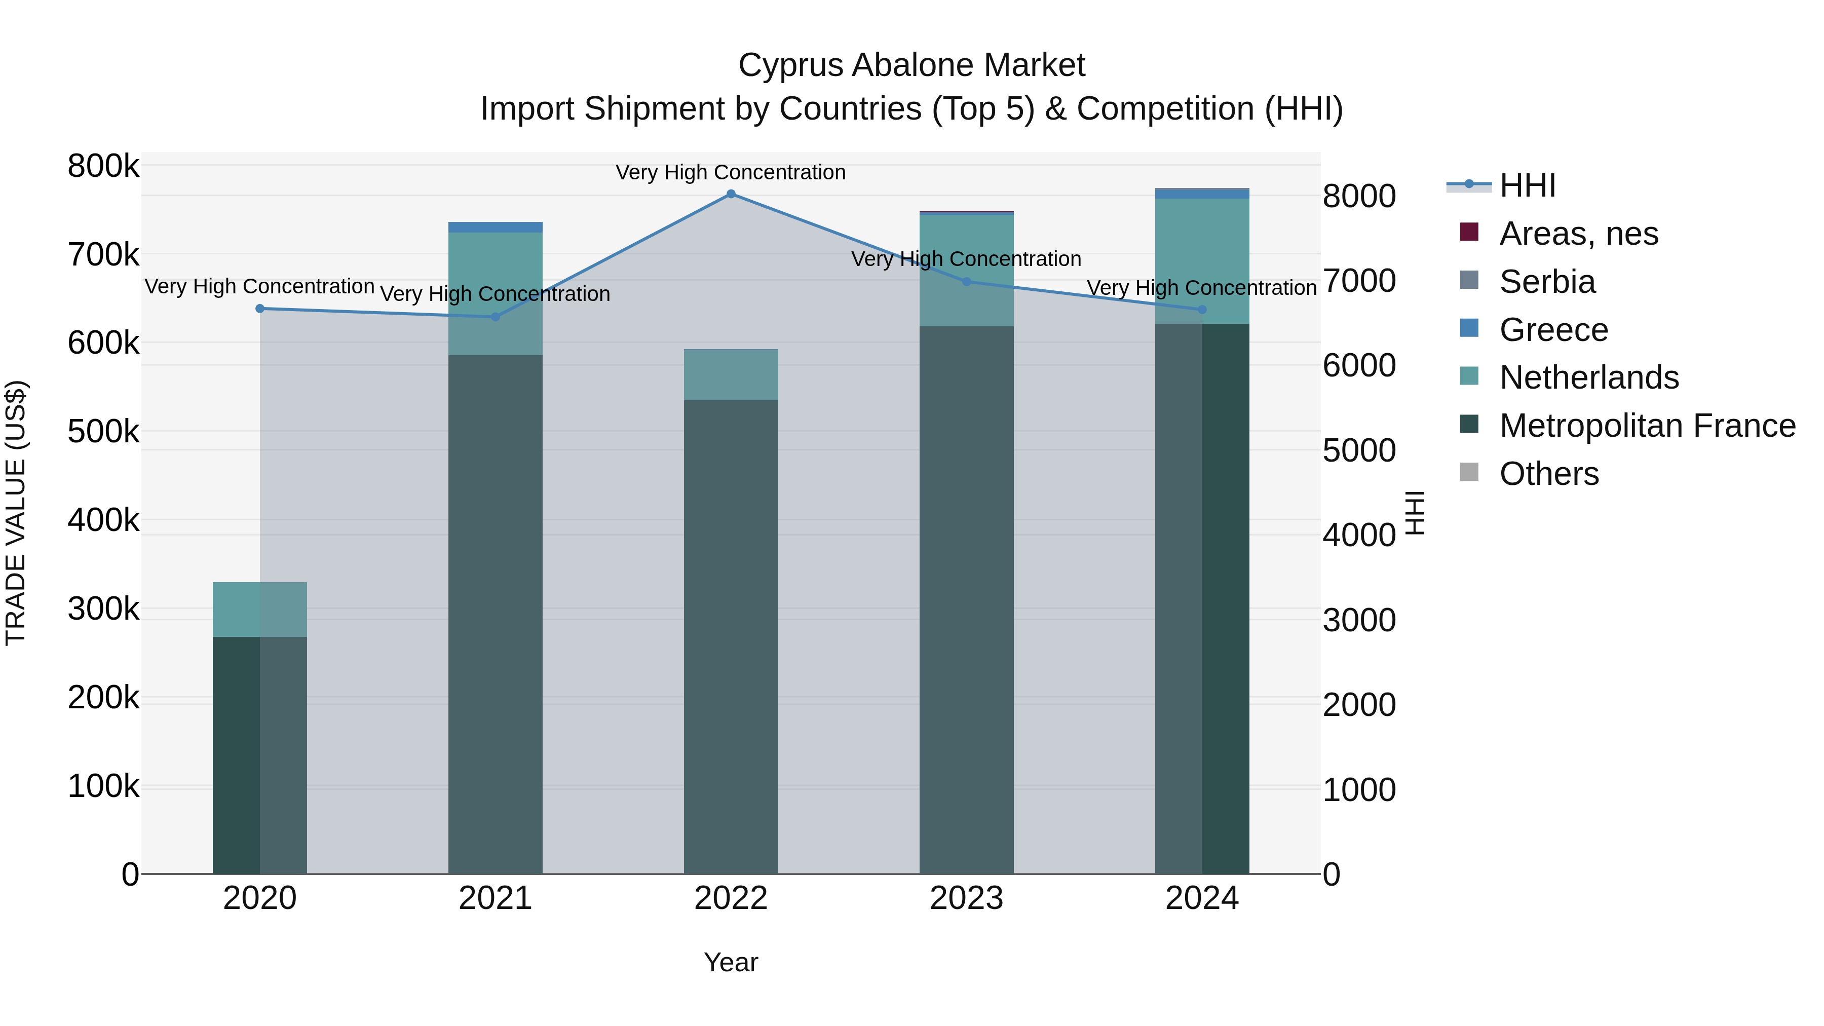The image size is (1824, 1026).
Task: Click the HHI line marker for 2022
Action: point(731,194)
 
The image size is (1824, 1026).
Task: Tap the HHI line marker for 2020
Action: point(260,309)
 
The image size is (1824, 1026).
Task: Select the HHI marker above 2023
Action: point(967,282)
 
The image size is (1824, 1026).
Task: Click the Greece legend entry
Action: point(1553,330)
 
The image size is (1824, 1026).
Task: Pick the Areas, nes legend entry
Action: point(1578,234)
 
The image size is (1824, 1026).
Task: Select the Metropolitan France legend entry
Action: point(1647,426)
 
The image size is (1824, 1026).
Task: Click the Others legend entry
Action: point(1548,474)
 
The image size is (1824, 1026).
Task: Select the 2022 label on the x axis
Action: point(731,898)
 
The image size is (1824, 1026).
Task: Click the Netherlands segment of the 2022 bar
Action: point(731,374)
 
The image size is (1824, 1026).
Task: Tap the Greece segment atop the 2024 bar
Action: point(1202,194)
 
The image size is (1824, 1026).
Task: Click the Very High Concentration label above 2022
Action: point(731,172)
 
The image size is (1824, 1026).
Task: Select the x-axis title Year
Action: point(731,962)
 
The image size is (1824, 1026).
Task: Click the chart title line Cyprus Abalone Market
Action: point(911,65)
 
